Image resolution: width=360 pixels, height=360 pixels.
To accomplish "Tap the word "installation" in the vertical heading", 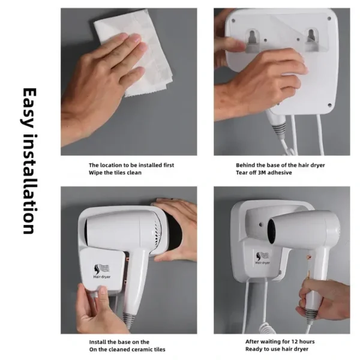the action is pos(30,184).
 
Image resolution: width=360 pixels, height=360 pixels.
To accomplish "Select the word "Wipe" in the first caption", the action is pos(95,173).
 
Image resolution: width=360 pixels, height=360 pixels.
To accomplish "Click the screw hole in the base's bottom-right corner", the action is pos(329,105).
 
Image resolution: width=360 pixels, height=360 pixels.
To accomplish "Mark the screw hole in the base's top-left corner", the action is pos(233,20).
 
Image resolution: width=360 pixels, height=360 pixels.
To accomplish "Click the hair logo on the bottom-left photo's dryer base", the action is pos(101,269).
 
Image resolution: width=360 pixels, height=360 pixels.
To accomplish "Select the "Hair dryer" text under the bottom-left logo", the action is pos(102,277).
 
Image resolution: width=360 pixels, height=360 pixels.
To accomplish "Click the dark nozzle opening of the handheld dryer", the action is pos(272,231).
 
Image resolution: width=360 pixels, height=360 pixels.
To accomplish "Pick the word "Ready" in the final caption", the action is pos(253,349).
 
